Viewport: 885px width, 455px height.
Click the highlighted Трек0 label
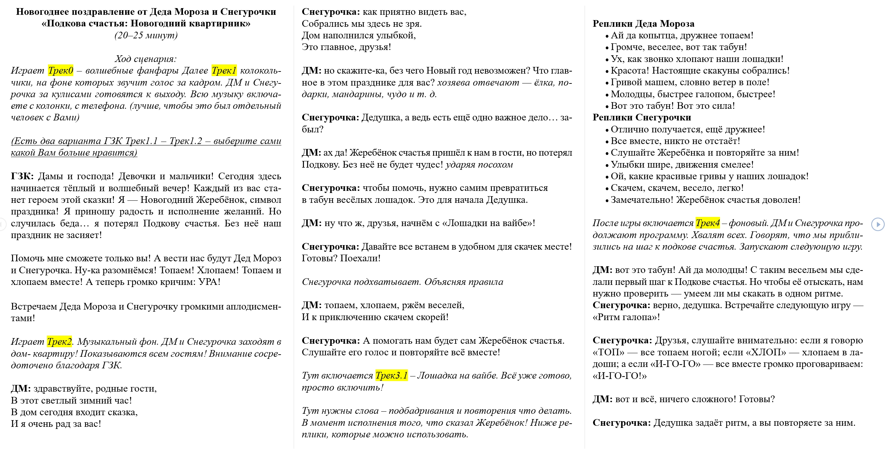[x=61, y=71]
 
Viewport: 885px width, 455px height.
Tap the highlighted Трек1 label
[x=224, y=71]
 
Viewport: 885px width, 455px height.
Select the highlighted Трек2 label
[x=59, y=342]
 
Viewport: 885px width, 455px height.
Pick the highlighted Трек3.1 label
[x=391, y=376]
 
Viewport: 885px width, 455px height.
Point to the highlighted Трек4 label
[x=707, y=223]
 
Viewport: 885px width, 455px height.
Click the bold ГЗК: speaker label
[x=22, y=176]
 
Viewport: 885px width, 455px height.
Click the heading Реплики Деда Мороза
[x=643, y=24]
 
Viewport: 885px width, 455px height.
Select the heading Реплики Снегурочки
[x=641, y=118]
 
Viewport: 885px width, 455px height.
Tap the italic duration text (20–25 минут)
[x=146, y=36]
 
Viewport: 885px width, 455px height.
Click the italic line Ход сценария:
[x=146, y=59]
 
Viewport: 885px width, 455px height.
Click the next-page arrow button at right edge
[x=878, y=224]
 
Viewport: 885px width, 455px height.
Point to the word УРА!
[x=209, y=282]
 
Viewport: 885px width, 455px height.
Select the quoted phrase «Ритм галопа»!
[x=626, y=317]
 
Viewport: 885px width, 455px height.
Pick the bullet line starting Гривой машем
[x=690, y=82]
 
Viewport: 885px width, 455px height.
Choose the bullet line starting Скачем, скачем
[x=677, y=188]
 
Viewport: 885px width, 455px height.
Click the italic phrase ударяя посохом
[x=479, y=165]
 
